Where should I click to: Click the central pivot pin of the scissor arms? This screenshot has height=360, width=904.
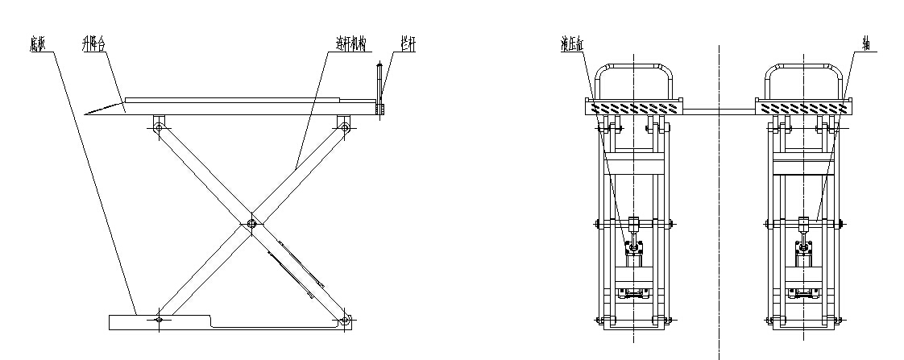pos(252,224)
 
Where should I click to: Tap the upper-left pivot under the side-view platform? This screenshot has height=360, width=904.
pos(159,126)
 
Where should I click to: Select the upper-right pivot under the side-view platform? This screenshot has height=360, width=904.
pos(344,126)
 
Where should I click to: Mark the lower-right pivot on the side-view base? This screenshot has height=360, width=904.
pos(345,321)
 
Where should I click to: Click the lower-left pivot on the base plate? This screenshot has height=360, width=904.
pos(159,321)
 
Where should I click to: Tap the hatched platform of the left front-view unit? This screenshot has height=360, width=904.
pos(634,107)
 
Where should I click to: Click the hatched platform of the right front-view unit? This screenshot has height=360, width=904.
pos(803,107)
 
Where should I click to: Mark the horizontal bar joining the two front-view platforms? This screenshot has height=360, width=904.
pos(719,107)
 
